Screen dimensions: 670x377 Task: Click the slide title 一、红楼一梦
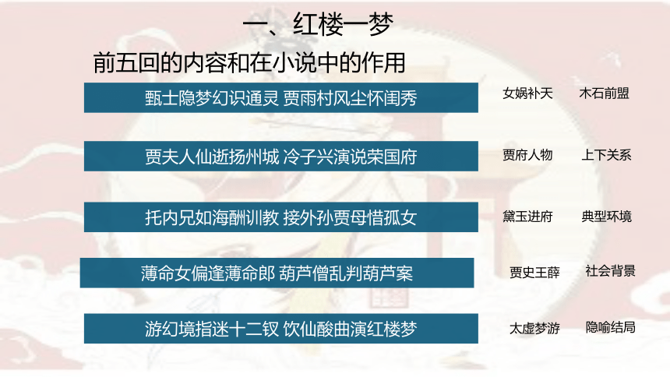(x=318, y=24)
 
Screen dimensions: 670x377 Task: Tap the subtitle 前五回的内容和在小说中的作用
(x=249, y=63)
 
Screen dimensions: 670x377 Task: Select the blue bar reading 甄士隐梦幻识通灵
(x=281, y=98)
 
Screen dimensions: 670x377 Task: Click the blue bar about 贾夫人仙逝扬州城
(x=281, y=157)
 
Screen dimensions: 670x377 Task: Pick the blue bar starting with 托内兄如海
(x=281, y=217)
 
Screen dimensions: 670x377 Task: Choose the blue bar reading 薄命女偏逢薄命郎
(x=277, y=273)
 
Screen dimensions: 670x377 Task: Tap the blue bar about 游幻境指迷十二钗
(x=281, y=329)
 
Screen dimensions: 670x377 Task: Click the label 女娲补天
(x=527, y=93)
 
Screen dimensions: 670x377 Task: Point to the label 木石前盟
(x=605, y=93)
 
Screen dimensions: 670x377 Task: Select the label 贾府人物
(x=527, y=155)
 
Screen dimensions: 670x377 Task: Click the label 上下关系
(x=606, y=155)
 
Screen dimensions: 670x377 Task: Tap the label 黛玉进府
(x=527, y=217)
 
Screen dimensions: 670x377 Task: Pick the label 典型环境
(x=606, y=217)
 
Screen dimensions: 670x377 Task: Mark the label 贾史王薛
(x=534, y=273)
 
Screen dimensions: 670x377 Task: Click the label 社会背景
(x=610, y=270)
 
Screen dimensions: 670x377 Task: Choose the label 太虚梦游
(x=534, y=328)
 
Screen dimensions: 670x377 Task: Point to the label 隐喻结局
(x=610, y=327)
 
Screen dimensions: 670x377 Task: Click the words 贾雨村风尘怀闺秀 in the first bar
(x=350, y=98)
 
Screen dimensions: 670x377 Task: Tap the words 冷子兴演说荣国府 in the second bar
(x=350, y=157)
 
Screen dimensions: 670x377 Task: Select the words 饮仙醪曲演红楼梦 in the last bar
(x=350, y=329)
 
